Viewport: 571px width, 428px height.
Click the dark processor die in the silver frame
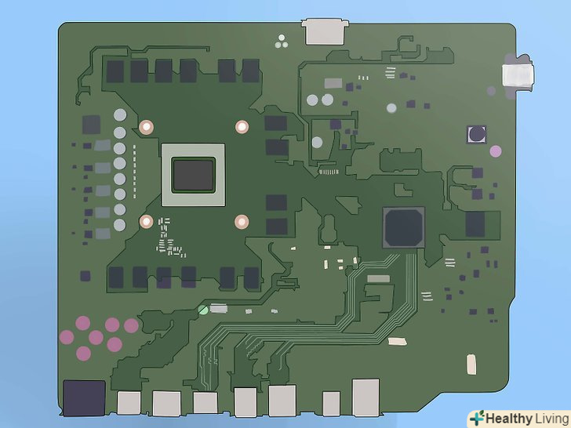[x=194, y=175]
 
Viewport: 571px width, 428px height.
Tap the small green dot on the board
[x=203, y=310]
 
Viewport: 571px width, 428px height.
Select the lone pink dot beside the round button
[x=496, y=151]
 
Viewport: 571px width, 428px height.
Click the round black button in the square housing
[x=477, y=134]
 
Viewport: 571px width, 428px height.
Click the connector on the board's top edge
[x=325, y=31]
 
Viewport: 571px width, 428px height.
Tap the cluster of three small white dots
[x=282, y=42]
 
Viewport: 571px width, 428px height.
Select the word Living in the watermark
[x=552, y=419]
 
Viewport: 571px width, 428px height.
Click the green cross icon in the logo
[x=477, y=418]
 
